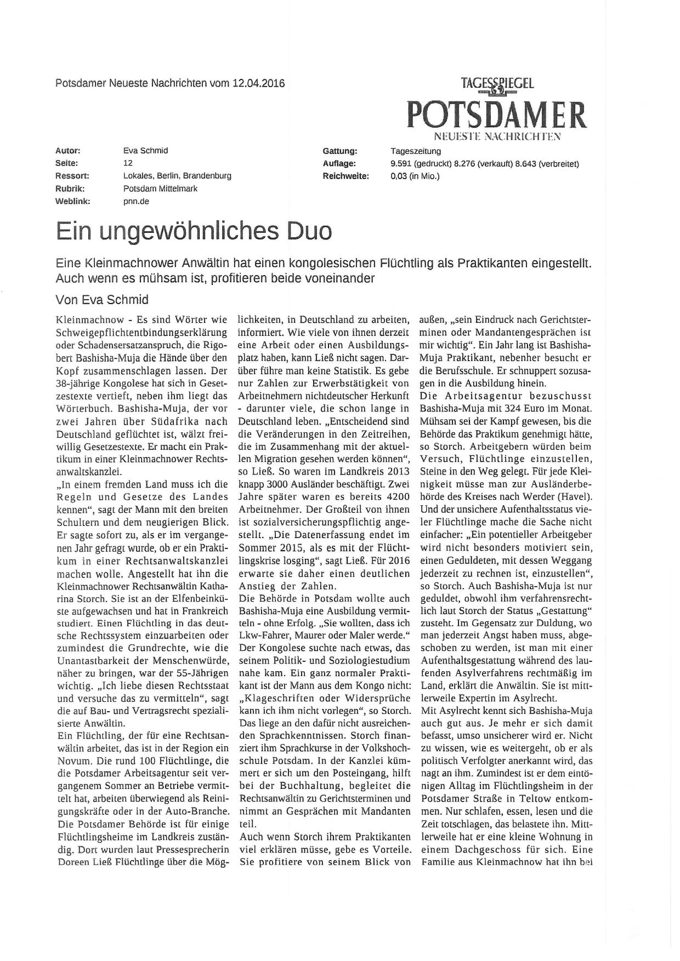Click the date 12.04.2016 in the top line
point(258,84)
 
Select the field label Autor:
point(68,151)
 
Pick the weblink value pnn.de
point(136,201)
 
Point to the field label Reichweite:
point(346,176)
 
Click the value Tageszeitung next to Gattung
point(415,151)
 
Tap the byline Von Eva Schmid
point(102,300)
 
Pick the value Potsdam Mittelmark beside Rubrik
point(160,188)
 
